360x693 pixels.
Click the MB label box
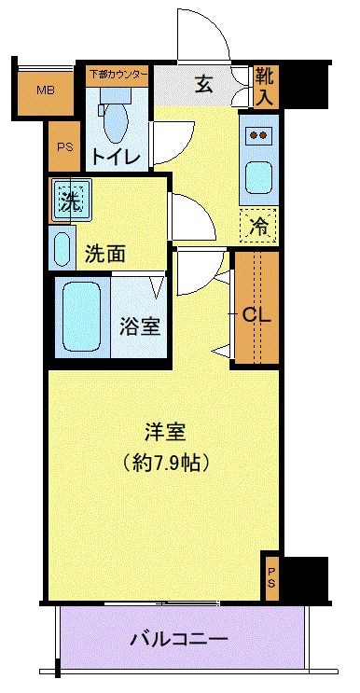(x=44, y=90)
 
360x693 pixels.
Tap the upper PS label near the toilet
(x=63, y=146)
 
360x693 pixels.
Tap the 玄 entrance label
(x=204, y=84)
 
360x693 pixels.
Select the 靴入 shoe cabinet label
(x=264, y=85)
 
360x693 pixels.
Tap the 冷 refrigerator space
(x=258, y=224)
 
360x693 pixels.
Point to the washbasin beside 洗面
(x=62, y=249)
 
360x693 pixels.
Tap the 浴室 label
(x=141, y=326)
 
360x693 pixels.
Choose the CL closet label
(x=256, y=314)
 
